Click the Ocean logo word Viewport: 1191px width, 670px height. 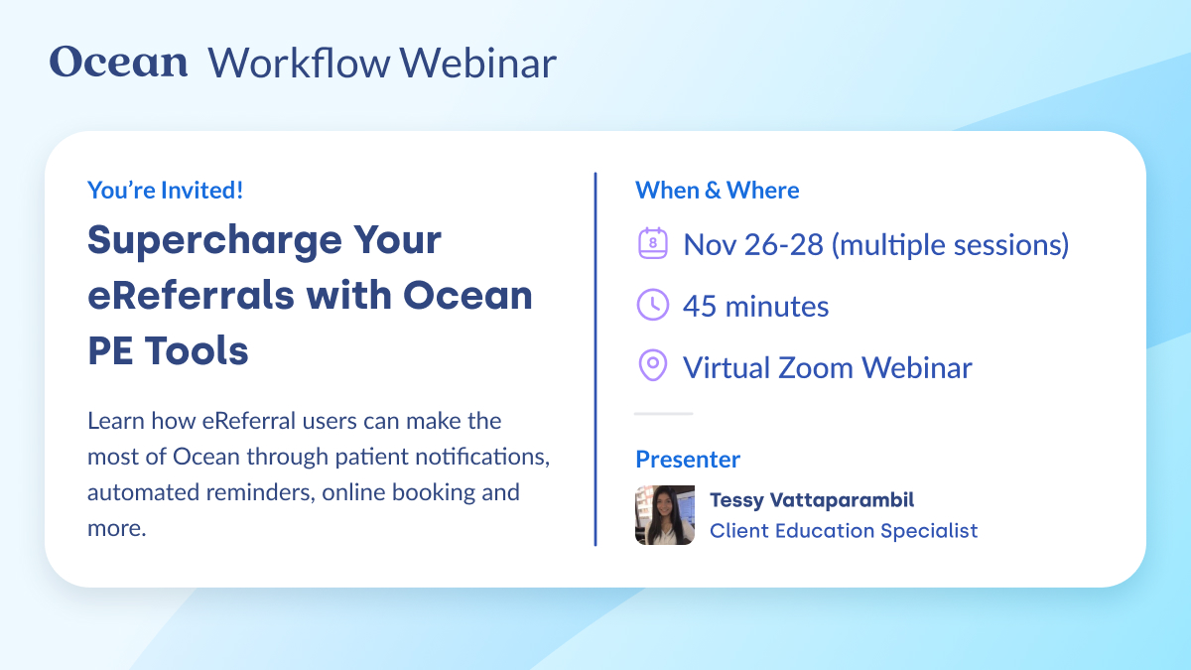click(118, 63)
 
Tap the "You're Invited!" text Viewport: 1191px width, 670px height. click(165, 190)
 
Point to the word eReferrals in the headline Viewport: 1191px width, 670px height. click(185, 296)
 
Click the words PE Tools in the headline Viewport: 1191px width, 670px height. click(168, 350)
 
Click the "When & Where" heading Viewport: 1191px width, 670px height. click(717, 190)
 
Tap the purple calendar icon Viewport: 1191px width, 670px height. click(652, 244)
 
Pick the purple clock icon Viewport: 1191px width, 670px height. click(652, 306)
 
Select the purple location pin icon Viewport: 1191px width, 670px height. click(652, 366)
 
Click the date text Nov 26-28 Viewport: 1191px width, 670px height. click(753, 244)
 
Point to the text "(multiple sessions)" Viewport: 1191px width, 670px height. click(950, 244)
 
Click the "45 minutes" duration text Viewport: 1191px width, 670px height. click(755, 306)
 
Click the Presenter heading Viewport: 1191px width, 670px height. click(687, 460)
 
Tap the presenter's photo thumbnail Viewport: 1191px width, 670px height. click(664, 515)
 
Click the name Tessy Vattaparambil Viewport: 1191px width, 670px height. click(811, 499)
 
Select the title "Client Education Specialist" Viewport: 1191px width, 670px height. click(843, 531)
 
